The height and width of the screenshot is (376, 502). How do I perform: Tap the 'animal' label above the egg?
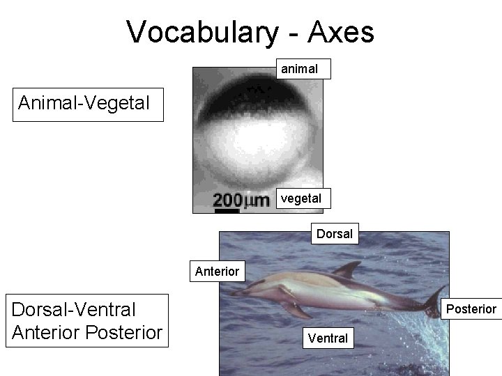pyautogui.click(x=299, y=69)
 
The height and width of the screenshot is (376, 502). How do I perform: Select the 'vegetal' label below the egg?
pyautogui.click(x=301, y=198)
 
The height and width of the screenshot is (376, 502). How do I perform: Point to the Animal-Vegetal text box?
pyautogui.click(x=84, y=104)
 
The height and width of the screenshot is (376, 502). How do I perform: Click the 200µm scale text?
pyautogui.click(x=241, y=201)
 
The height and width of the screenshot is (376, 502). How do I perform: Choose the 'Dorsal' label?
pyautogui.click(x=335, y=234)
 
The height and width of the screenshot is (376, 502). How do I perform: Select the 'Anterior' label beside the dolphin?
pyautogui.click(x=217, y=271)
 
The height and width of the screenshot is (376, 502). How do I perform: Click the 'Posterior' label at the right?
pyautogui.click(x=471, y=308)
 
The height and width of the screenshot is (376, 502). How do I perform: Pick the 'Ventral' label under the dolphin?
pyautogui.click(x=328, y=338)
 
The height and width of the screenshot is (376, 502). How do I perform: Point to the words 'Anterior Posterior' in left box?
pyautogui.click(x=86, y=332)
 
